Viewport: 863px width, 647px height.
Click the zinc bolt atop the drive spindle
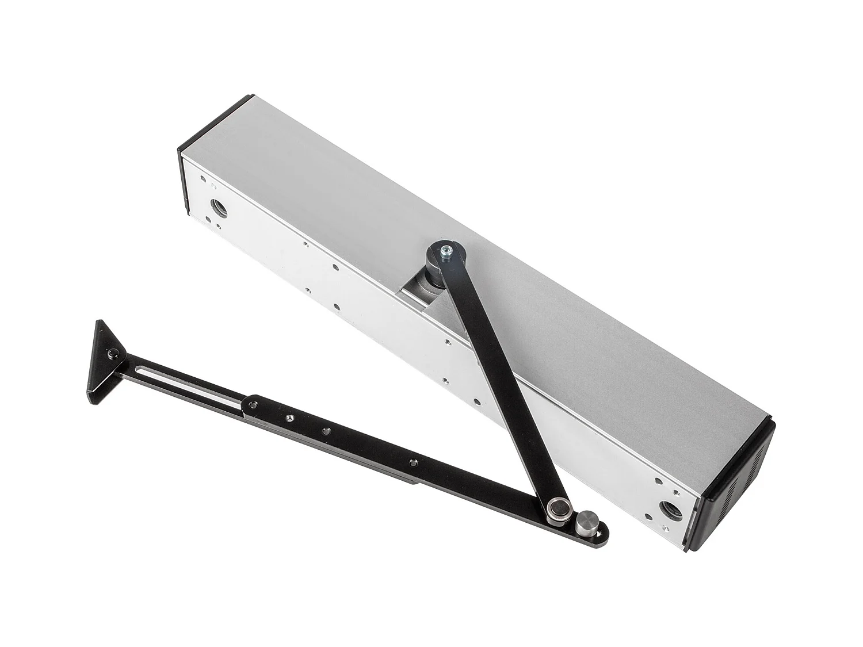point(445,251)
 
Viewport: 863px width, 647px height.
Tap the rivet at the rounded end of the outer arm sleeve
point(251,406)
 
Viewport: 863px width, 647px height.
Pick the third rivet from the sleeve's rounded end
point(327,431)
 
